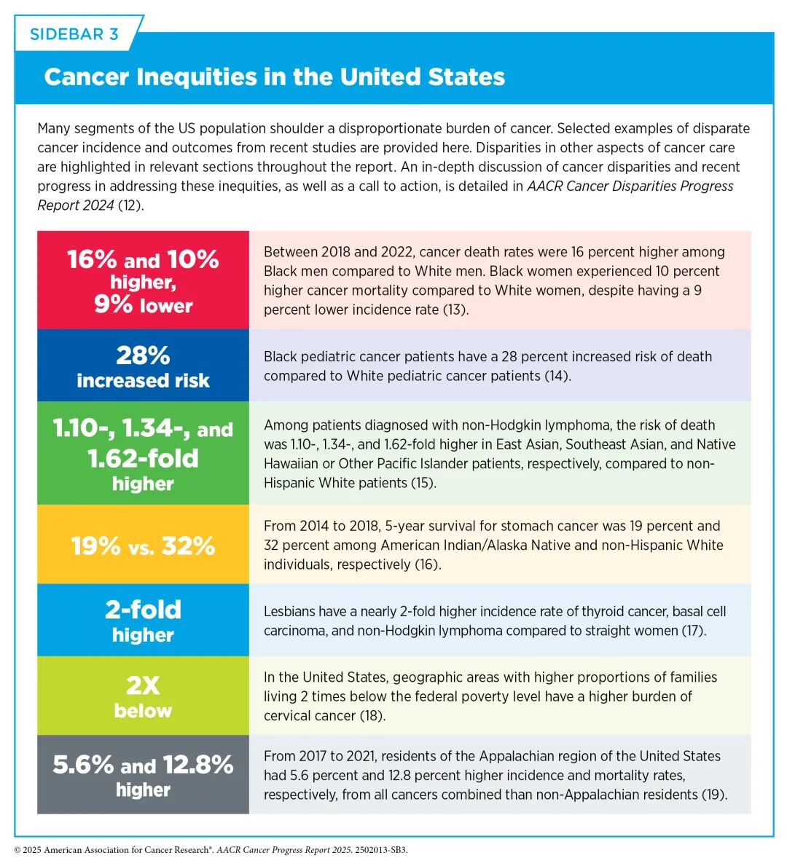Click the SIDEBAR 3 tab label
click(74, 34)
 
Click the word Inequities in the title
click(196, 76)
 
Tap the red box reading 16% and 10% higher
click(143, 280)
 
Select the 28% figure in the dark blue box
click(143, 355)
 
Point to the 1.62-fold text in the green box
click(143, 458)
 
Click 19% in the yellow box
click(95, 546)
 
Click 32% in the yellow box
click(188, 546)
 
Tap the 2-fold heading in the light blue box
click(143, 610)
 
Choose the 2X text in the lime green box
click(143, 685)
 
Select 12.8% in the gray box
click(198, 765)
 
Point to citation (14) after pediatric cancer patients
click(557, 376)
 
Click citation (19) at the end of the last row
click(715, 795)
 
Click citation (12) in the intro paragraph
click(131, 205)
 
